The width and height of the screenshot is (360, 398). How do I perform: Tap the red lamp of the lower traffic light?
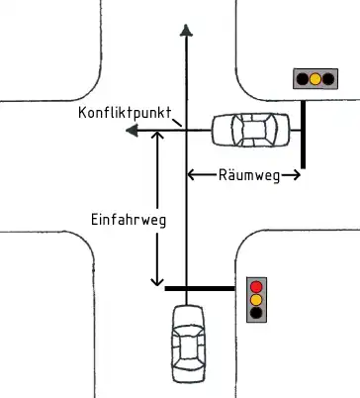[x=257, y=285]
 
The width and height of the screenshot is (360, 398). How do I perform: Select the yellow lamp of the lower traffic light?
[x=257, y=299]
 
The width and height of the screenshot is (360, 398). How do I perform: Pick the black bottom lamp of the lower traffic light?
[x=257, y=313]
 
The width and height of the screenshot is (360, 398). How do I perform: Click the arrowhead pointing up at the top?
[x=185, y=32]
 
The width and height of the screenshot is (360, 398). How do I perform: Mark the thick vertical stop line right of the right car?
[x=302, y=138]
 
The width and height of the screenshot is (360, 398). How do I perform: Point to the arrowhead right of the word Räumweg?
[x=296, y=175]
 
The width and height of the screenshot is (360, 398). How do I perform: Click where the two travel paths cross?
[x=185, y=130]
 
